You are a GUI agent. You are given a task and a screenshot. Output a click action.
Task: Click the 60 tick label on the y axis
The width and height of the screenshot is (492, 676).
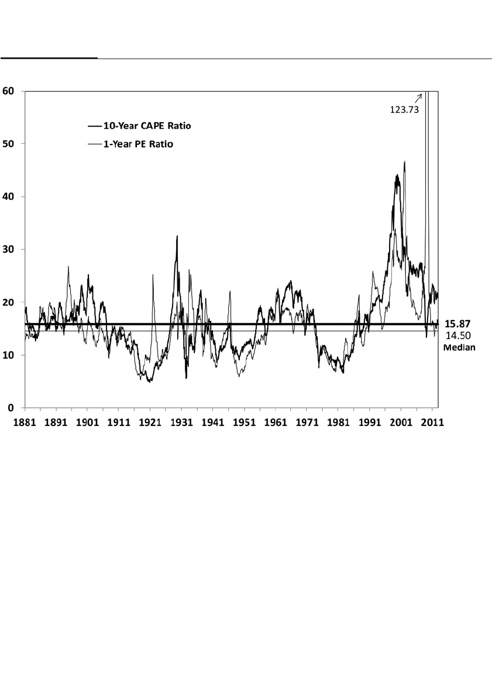[11, 91]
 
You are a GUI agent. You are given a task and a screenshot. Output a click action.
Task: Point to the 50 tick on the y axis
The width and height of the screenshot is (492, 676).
[11, 144]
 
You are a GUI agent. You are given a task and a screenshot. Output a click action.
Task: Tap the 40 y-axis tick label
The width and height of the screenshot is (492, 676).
[11, 197]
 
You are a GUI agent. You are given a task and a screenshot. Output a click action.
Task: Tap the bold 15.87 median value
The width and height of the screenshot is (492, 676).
[458, 323]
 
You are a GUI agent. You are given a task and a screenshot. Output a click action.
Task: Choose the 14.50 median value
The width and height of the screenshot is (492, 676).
[458, 335]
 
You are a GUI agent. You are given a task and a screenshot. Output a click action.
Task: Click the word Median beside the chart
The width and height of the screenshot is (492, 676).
[459, 346]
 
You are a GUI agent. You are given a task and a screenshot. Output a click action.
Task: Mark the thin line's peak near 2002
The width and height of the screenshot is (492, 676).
[405, 162]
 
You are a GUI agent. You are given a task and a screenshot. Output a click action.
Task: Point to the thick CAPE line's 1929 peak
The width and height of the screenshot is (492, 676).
[177, 236]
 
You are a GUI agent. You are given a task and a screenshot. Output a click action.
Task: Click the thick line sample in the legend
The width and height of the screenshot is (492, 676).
[95, 125]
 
